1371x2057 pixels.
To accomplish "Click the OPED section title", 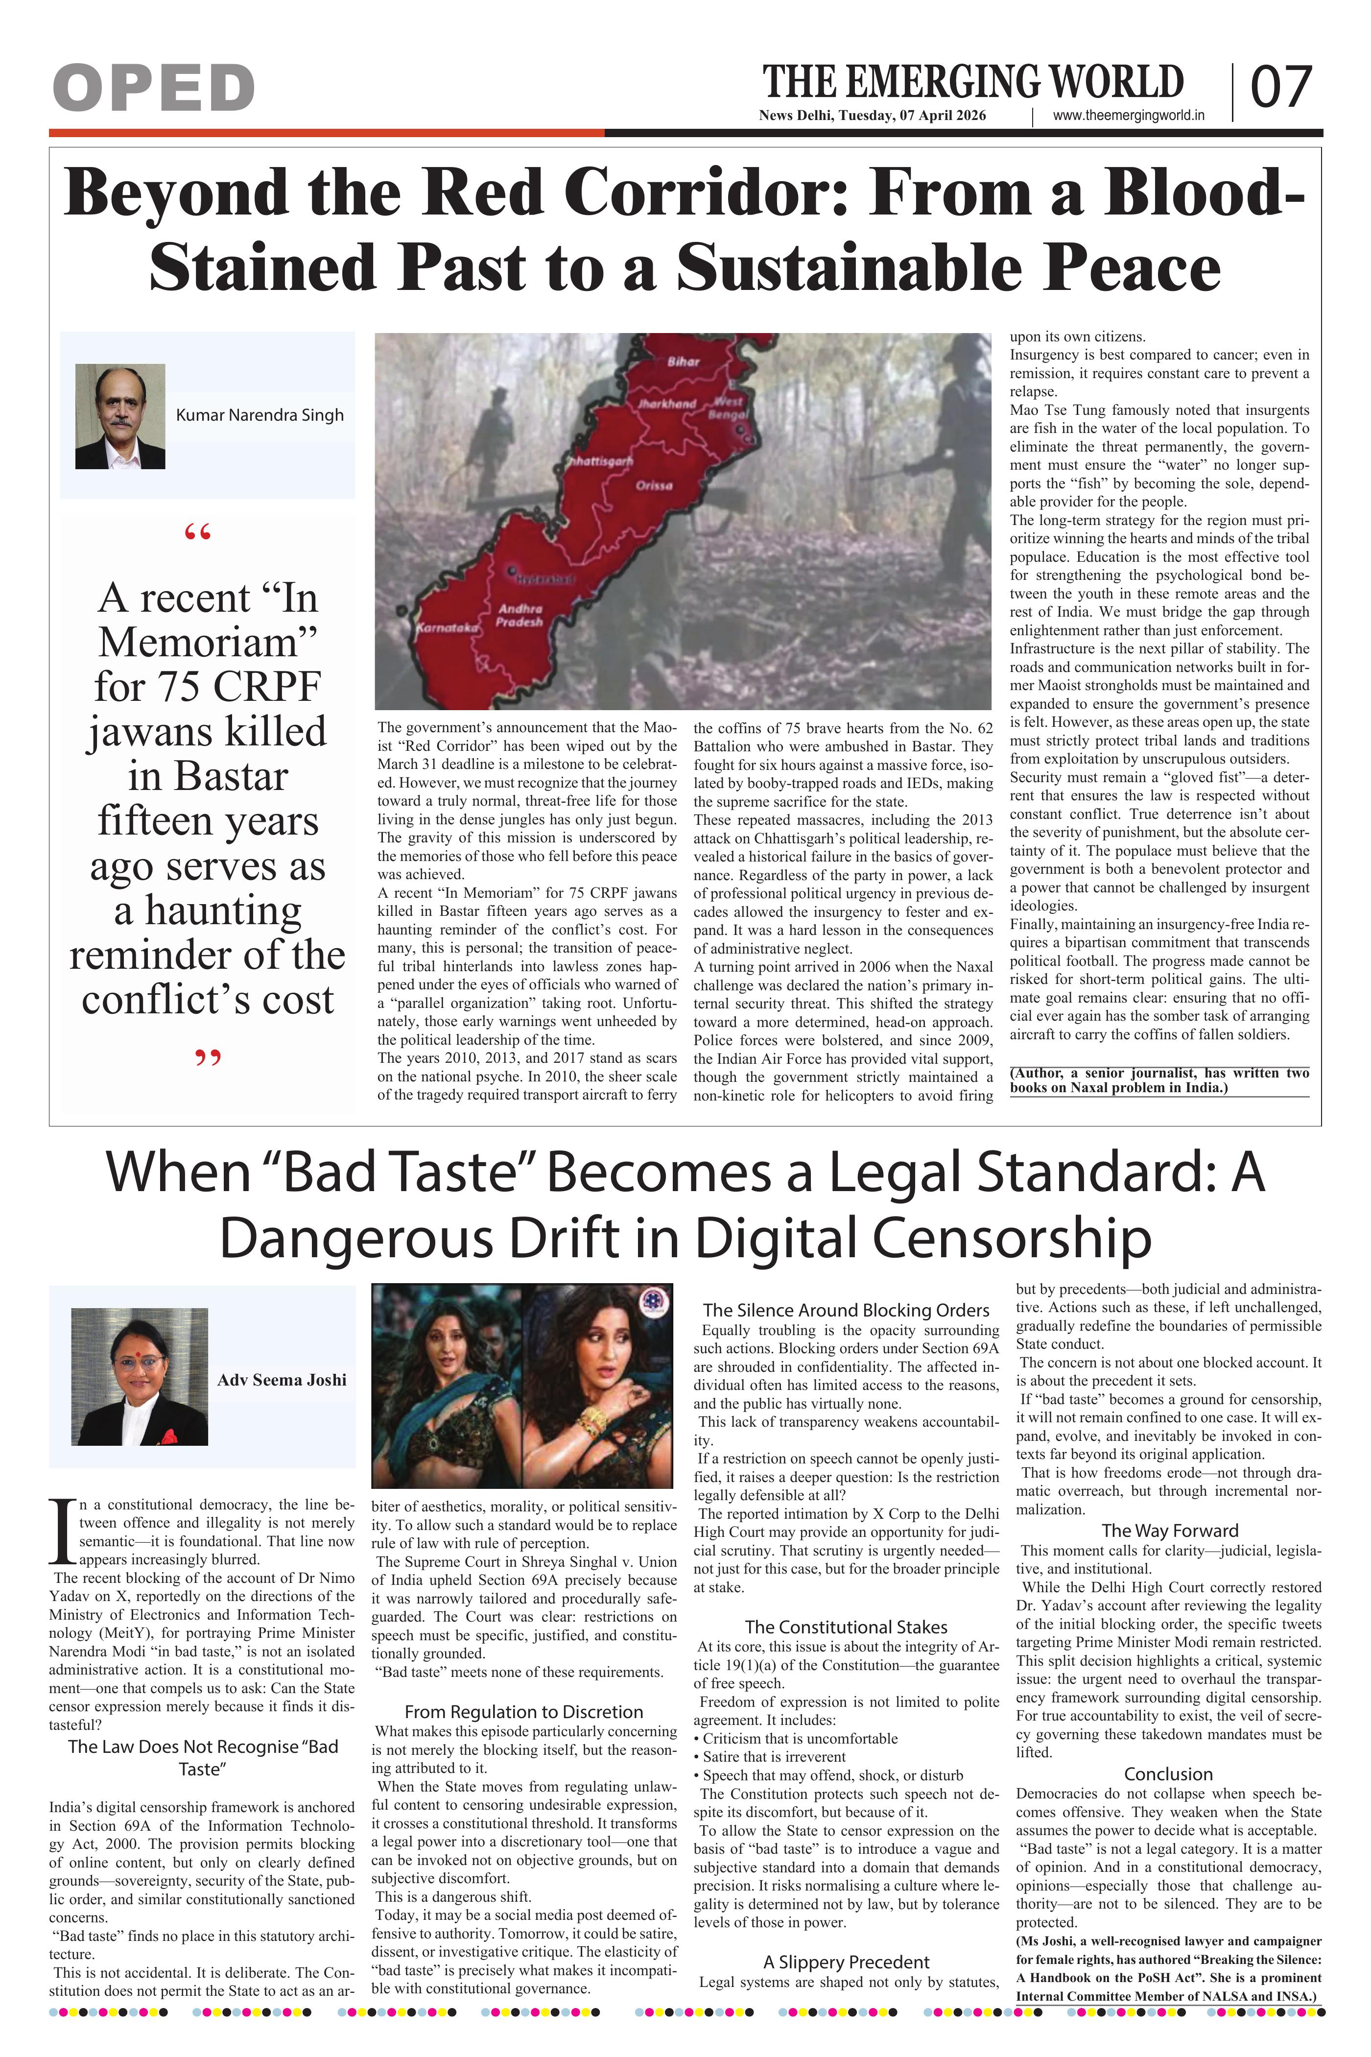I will pyautogui.click(x=153, y=88).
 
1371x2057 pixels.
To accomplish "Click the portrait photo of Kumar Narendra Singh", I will pyautogui.click(x=120, y=416).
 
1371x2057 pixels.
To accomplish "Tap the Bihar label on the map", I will pyautogui.click(x=683, y=361).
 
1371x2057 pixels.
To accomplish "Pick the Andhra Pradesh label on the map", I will pyautogui.click(x=520, y=615).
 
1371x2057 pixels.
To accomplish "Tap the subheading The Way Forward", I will pyautogui.click(x=1169, y=1530).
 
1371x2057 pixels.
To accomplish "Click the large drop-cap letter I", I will pyautogui.click(x=62, y=1532).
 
